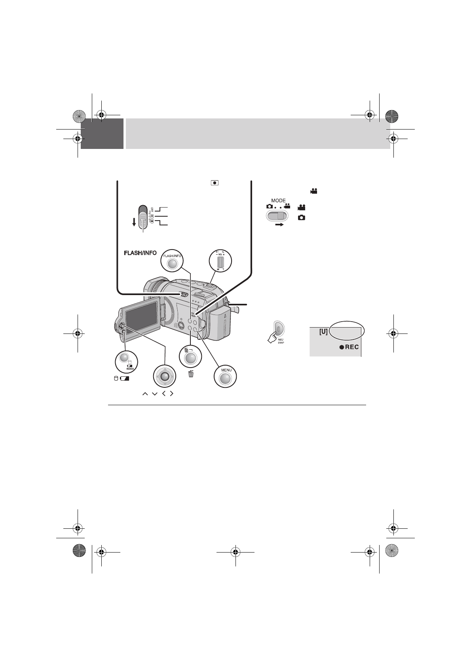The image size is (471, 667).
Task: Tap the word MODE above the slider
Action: coord(279,200)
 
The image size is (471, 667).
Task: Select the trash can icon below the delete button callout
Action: coord(191,373)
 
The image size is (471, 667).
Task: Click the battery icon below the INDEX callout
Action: coord(125,379)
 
